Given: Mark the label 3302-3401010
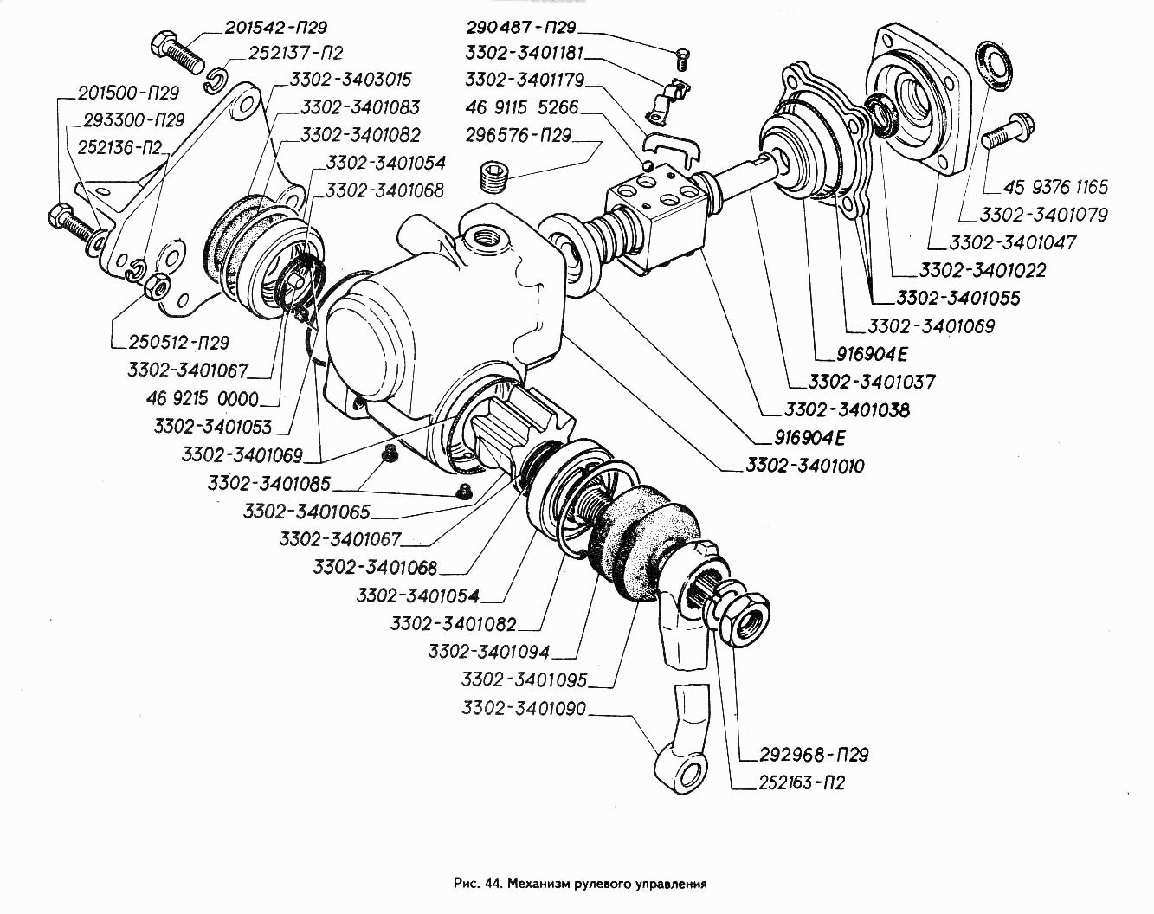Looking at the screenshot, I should tap(804, 467).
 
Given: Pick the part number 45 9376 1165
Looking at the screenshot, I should tap(1055, 187).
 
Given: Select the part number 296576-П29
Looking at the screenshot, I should tap(519, 136).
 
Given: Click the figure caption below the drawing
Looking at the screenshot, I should tap(579, 884).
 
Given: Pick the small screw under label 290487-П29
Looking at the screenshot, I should tap(681, 60).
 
